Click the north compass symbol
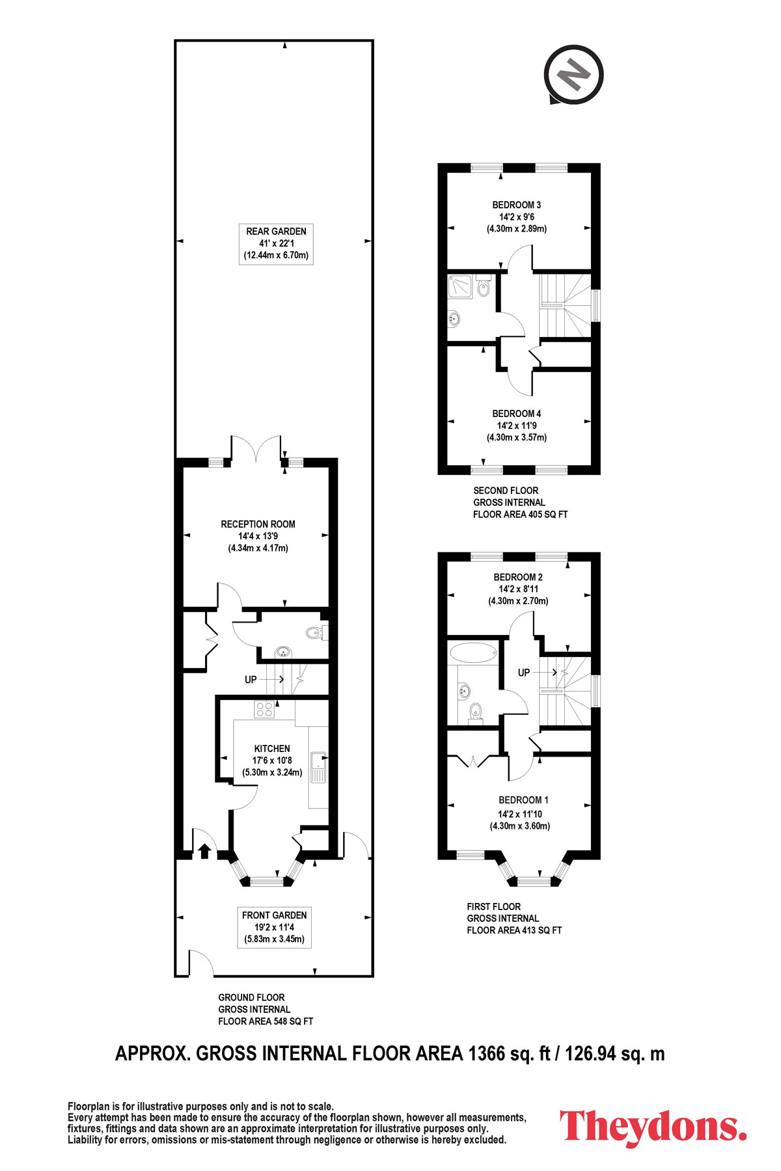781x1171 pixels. tap(575, 74)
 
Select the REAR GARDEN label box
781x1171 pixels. tap(276, 243)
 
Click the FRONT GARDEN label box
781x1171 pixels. tap(274, 927)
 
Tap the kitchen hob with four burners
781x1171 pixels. tap(264, 709)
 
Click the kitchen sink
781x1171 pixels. tap(319, 768)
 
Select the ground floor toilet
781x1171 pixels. tap(316, 632)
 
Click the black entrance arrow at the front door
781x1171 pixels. tap(204, 851)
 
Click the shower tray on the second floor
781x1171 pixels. tap(459, 286)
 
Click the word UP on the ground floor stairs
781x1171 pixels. tap(251, 680)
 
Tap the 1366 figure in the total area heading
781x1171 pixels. tap(486, 1053)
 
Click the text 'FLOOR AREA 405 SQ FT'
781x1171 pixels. tap(521, 514)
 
